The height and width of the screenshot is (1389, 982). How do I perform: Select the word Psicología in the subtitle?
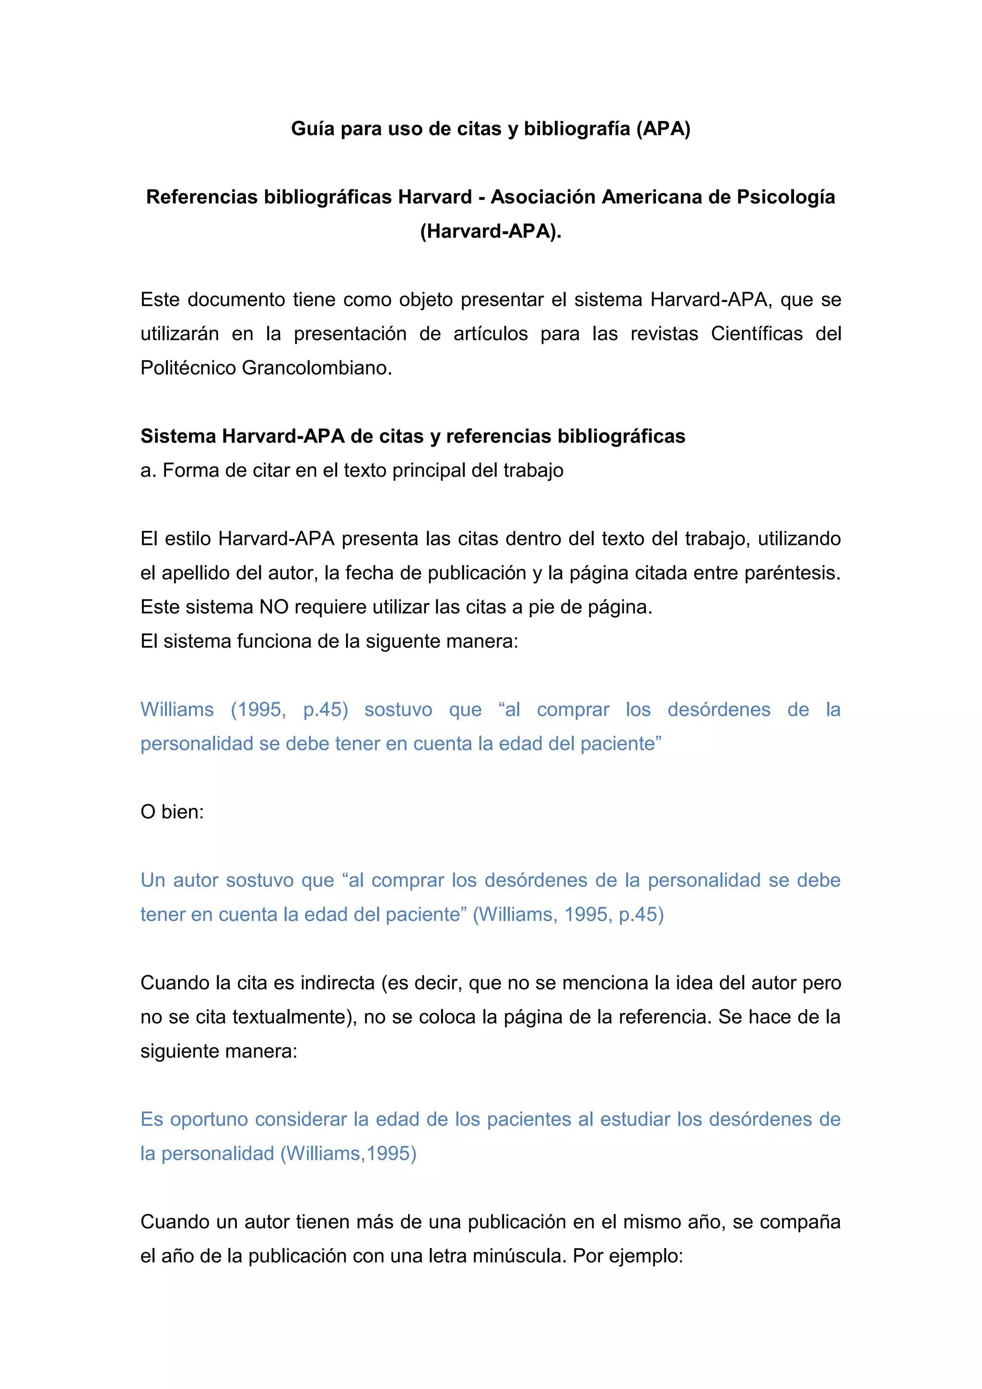785,197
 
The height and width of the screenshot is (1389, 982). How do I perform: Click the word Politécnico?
188,368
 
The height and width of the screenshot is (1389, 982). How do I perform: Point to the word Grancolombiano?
317,368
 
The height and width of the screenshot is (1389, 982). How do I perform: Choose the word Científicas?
757,334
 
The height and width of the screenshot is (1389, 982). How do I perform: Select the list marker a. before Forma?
148,471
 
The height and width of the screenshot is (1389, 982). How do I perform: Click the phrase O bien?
172,812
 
